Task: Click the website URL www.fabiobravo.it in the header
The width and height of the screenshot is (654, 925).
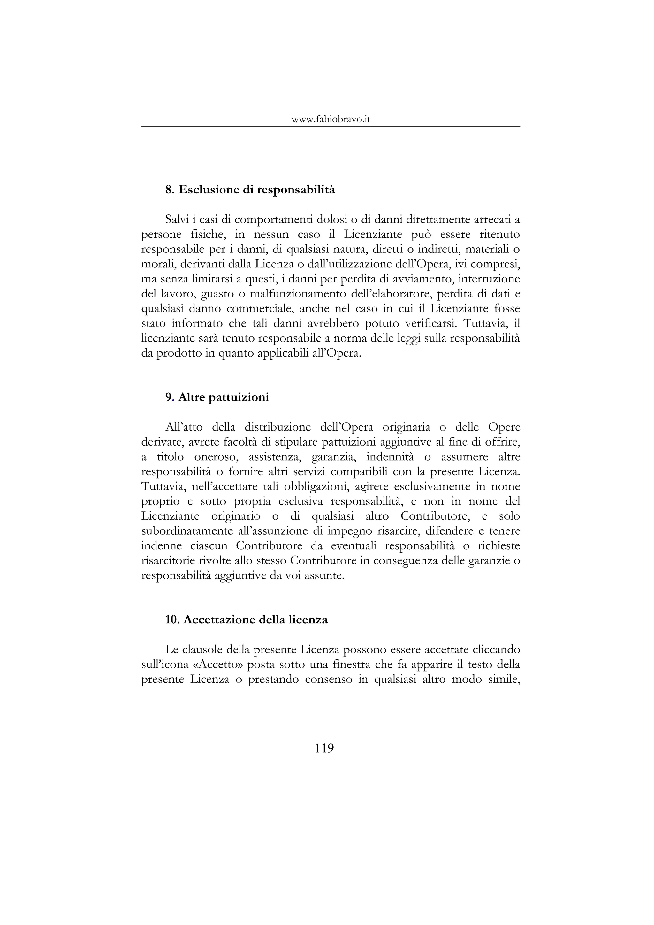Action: [331, 119]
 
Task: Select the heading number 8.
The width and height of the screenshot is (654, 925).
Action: [170, 189]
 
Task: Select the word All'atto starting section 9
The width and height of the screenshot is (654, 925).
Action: [184, 427]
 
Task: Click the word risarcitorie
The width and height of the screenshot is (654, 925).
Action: [170, 561]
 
